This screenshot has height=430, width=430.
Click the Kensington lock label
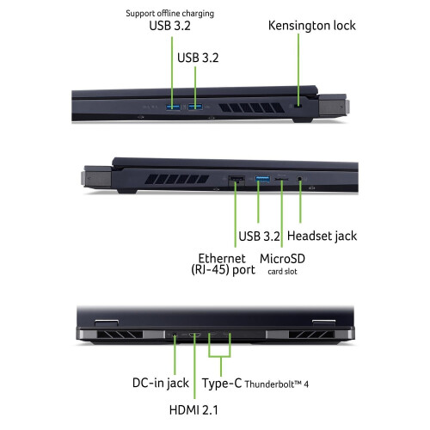pos(312,26)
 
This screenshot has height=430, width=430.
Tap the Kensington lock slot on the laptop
pos(299,107)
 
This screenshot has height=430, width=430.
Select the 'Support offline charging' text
pos(170,14)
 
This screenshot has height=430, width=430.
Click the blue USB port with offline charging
pos(173,107)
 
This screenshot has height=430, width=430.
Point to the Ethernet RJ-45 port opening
pos(236,180)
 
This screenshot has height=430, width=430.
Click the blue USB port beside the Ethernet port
pos(262,180)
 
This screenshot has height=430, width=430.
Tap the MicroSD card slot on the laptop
pos(281,179)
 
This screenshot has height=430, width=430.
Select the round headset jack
pos(300,179)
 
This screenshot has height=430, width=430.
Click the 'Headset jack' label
pos(322,236)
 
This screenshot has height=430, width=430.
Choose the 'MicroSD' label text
pos(282,259)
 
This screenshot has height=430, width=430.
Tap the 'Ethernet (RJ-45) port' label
pos(223,264)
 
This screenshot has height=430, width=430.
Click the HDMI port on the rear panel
pos(194,335)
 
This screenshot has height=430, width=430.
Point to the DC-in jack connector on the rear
pos(175,335)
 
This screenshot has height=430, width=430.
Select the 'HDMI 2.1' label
pos(193,410)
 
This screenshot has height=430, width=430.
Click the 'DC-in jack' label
pos(161,383)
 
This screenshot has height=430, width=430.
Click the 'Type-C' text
pos(222,384)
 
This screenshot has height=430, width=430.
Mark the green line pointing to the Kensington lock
pos(298,70)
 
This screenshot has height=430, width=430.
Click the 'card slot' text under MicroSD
pos(282,272)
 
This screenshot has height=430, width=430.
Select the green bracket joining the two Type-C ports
pos(220,356)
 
